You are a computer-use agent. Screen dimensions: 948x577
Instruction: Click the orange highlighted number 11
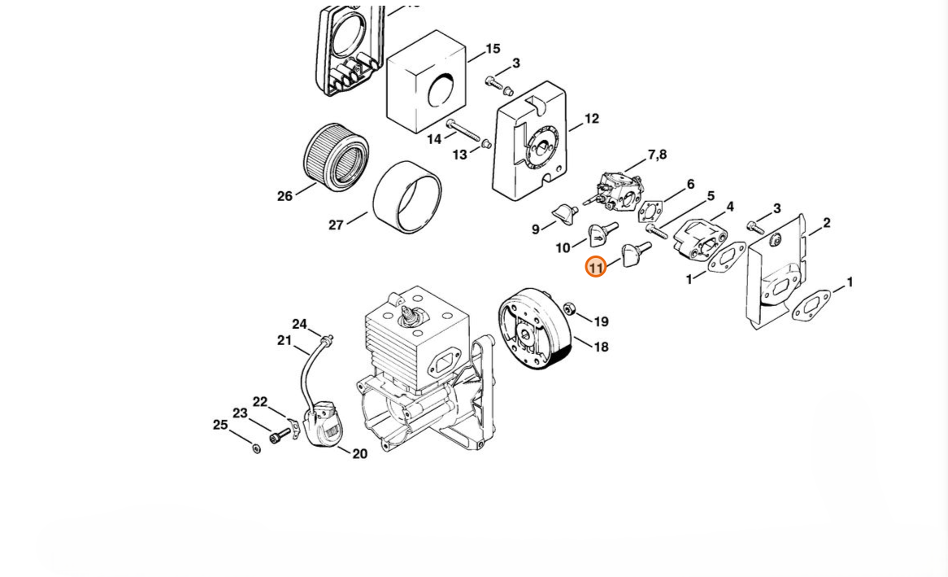tap(595, 267)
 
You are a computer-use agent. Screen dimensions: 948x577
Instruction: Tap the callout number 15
tap(493, 49)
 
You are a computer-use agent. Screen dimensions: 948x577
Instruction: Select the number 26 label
tap(285, 196)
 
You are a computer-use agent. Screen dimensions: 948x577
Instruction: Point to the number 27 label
tap(336, 225)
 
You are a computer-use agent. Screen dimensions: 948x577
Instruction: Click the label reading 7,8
tap(657, 155)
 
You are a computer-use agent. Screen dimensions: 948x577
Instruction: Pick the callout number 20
tap(359, 453)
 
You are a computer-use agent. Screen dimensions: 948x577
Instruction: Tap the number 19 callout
tap(601, 321)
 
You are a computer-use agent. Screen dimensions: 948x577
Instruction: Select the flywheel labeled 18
tap(534, 329)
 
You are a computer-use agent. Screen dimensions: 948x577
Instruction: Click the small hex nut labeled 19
tap(569, 308)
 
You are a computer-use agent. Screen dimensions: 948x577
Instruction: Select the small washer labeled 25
tap(256, 448)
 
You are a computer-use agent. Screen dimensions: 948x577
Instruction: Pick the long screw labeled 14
tap(463, 131)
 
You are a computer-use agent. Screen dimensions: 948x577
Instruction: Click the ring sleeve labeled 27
tap(407, 197)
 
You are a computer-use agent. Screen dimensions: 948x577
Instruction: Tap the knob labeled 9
tap(565, 214)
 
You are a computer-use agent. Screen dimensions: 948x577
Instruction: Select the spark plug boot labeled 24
tap(327, 339)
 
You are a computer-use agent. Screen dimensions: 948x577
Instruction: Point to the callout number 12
tap(592, 119)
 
